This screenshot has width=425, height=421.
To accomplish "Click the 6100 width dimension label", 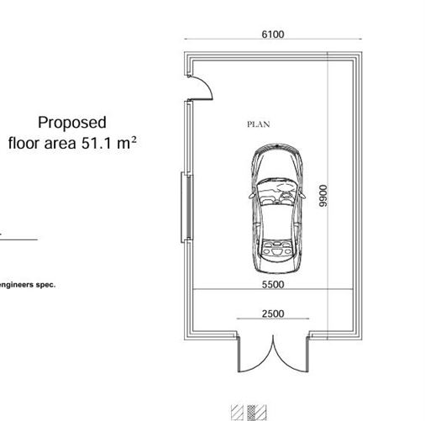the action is pos(273,34).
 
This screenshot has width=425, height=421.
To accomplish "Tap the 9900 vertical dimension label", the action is pos(323,196).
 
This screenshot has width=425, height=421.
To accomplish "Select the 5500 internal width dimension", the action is pos(273,284).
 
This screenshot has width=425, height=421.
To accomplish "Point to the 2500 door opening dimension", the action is pos(273,313).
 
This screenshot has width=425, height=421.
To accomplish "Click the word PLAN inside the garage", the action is pos(259,124).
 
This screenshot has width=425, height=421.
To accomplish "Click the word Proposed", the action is pos(72,123).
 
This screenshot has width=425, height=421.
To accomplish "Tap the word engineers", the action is pos(17,285).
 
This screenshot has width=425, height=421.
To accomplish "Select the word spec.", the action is pos(45,285).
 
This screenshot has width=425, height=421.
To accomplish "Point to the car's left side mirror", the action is pos(251,195).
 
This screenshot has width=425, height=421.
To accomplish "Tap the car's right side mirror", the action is pos(302,194).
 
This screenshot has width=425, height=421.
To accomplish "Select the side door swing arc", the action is pos(207,84).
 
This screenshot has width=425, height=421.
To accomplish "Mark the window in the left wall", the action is pos(187,208).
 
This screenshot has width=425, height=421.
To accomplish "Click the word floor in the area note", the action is pos(24,143).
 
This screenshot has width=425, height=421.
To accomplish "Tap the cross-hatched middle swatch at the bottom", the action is pos(252,413).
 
